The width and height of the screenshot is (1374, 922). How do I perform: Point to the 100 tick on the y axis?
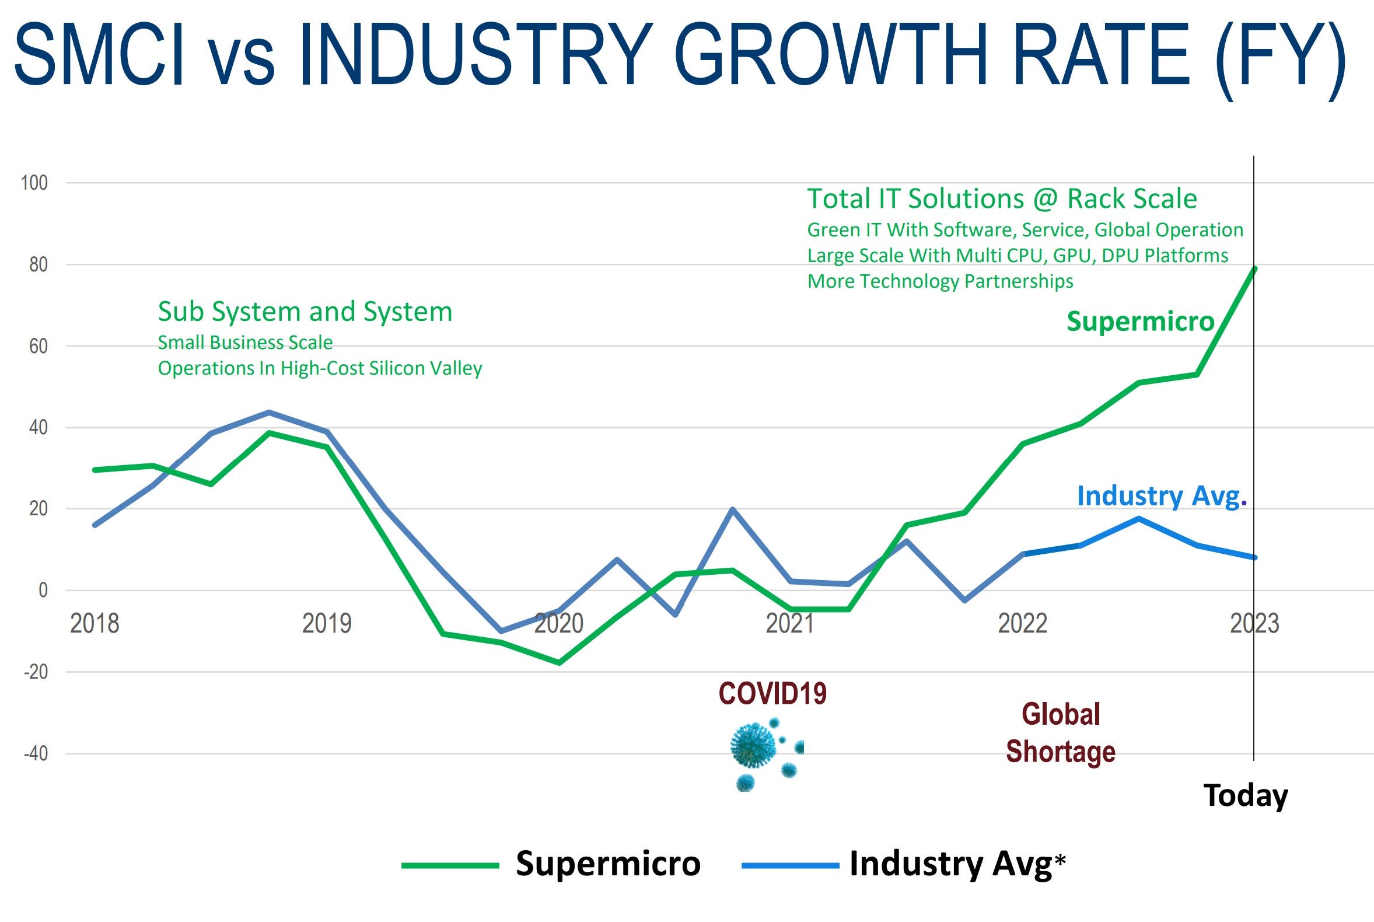(34, 183)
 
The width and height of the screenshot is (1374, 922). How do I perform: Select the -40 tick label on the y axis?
(35, 753)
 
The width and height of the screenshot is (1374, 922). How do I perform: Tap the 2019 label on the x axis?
(326, 623)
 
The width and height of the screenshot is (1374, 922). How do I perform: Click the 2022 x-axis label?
(1022, 623)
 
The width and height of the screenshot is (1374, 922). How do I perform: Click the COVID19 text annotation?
(772, 694)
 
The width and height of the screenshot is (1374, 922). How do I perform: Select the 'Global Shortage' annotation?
(1061, 733)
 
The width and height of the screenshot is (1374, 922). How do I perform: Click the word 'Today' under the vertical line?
(1246, 795)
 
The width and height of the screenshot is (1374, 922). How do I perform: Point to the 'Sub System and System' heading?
(305, 312)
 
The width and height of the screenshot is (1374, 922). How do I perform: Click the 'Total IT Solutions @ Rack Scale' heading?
(1002, 198)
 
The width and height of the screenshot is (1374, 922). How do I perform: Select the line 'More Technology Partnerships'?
(940, 281)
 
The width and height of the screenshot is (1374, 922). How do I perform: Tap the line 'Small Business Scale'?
(245, 342)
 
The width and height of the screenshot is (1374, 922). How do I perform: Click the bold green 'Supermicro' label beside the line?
(1141, 322)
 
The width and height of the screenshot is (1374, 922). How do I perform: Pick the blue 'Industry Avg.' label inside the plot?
(1162, 495)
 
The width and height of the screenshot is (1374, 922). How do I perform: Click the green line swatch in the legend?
(450, 865)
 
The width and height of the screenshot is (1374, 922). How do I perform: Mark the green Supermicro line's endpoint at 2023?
(1254, 268)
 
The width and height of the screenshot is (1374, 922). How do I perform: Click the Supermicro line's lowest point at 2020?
(558, 663)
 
